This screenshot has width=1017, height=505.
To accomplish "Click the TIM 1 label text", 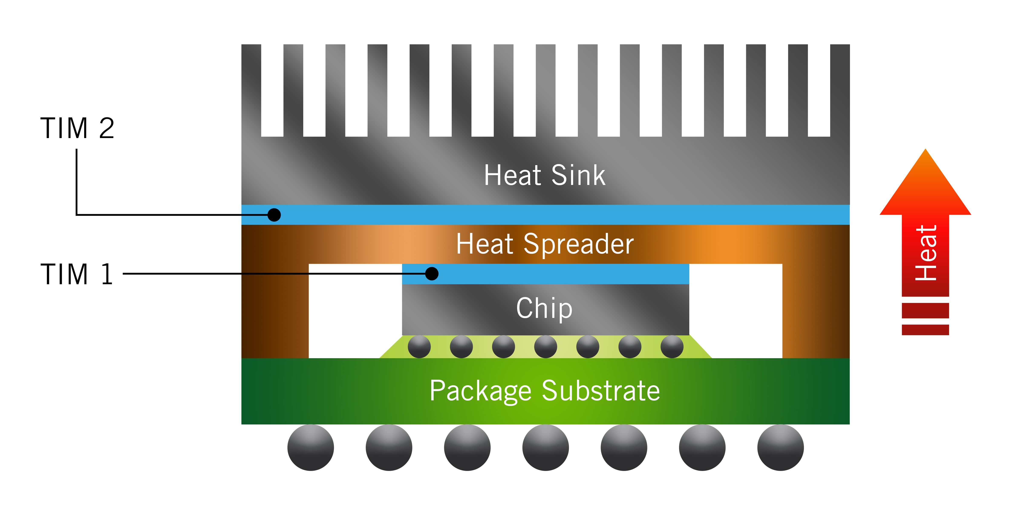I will coord(76,274).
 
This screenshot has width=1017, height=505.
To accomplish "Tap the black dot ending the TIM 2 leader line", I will coord(274,215).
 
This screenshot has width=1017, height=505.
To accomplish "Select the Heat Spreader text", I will coord(545,244).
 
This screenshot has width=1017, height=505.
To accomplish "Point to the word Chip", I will coord(544,308).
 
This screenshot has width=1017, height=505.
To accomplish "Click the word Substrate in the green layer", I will coord(601,391).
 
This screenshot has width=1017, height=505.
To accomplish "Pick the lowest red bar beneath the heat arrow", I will coord(925,330).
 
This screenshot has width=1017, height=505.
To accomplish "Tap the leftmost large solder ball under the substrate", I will coord(311,448).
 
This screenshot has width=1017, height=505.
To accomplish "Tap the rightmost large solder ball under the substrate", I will coord(780,448).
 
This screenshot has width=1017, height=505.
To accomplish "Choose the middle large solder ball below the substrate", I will coord(546,448).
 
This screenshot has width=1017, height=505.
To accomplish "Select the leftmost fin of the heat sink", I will coord(251,91).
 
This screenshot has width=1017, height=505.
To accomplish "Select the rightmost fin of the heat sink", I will coord(840,91).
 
